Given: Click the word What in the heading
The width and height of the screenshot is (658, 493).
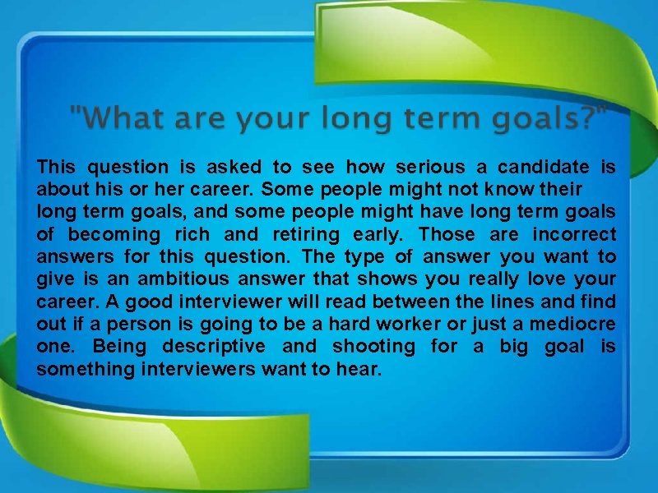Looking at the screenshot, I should click(117, 120).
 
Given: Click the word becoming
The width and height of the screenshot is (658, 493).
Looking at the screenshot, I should click(115, 235).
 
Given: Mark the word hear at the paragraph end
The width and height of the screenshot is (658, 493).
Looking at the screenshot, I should click(359, 370).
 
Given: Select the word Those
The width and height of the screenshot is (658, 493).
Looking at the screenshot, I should click(449, 235).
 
